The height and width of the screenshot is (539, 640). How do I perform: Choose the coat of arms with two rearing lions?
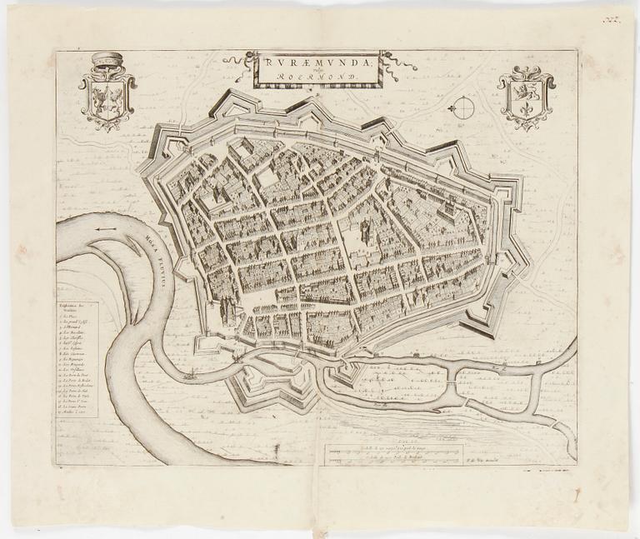pyautogui.click(x=107, y=99)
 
